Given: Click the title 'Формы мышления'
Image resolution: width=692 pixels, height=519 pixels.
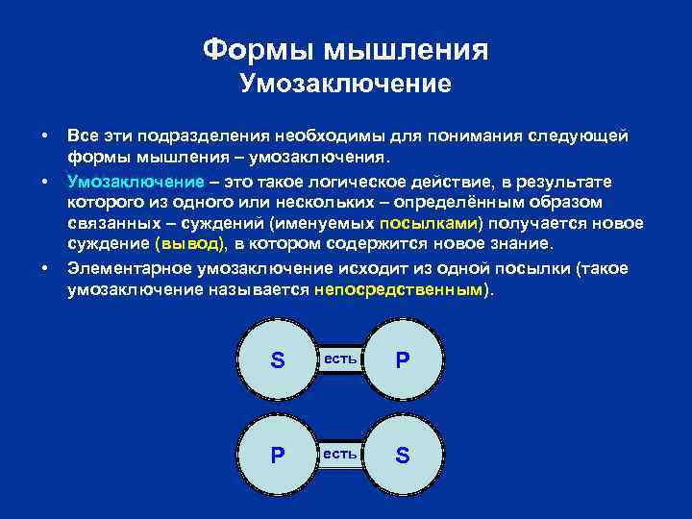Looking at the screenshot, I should [x=346, y=49].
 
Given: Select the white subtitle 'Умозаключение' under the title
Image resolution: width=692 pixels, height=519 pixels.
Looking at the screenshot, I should [x=346, y=84].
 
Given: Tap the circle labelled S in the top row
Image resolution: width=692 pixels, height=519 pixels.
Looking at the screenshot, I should [x=278, y=360].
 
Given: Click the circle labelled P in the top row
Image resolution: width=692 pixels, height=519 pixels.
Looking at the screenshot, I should [x=402, y=360].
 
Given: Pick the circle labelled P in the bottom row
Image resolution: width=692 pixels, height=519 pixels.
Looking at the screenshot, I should [x=278, y=455].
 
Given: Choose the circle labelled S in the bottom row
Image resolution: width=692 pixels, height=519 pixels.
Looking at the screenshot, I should [x=402, y=455].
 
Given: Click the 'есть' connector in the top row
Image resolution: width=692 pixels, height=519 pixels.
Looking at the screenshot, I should [x=340, y=359].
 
